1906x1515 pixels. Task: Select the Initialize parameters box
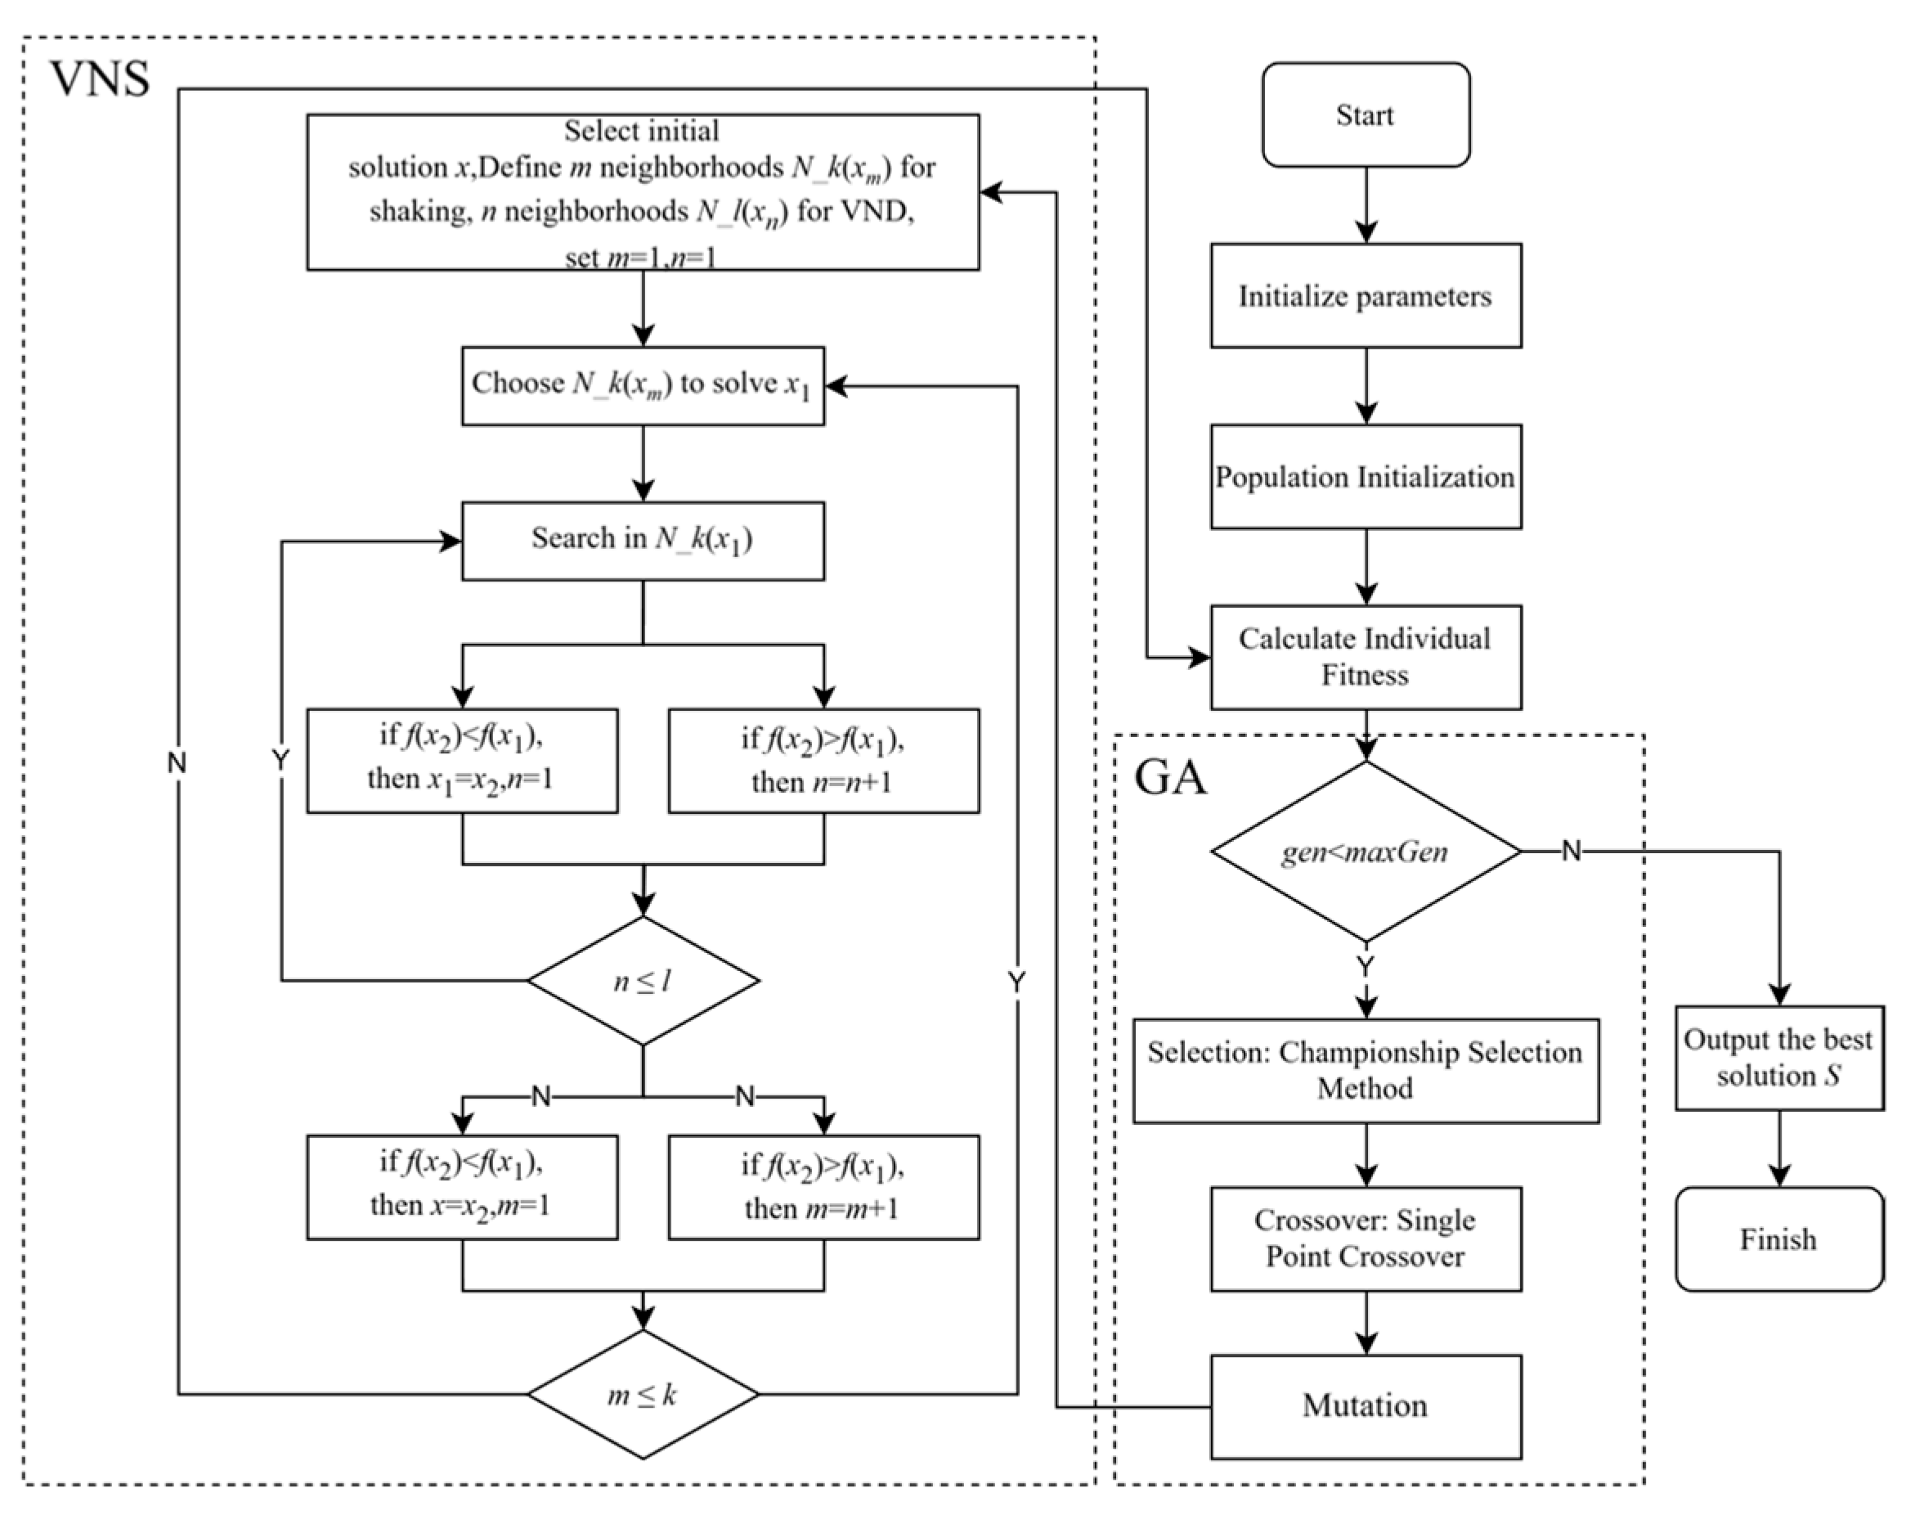(x=1366, y=295)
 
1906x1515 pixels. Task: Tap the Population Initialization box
(x=1366, y=477)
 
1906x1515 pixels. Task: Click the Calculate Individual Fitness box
(x=1366, y=657)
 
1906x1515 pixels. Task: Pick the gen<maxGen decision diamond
(x=1366, y=852)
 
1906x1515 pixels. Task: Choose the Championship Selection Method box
(x=1366, y=1071)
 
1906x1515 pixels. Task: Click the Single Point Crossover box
(x=1366, y=1239)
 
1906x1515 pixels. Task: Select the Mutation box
(x=1366, y=1406)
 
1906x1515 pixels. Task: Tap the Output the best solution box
(x=1779, y=1058)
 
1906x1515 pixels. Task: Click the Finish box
(x=1779, y=1239)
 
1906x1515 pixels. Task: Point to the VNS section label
(x=100, y=79)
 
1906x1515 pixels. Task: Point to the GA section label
(x=1170, y=777)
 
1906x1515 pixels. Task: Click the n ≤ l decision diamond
(x=644, y=981)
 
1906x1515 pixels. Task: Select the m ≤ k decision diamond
(x=644, y=1395)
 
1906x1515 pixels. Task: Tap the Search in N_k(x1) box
(x=644, y=542)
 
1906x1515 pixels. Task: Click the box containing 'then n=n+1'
(x=824, y=761)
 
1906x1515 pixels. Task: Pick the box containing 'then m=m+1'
(x=824, y=1187)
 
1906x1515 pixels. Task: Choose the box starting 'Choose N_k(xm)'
(x=644, y=385)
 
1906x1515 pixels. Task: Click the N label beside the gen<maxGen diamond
(x=1571, y=851)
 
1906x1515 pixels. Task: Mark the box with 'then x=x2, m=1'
(x=462, y=1187)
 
